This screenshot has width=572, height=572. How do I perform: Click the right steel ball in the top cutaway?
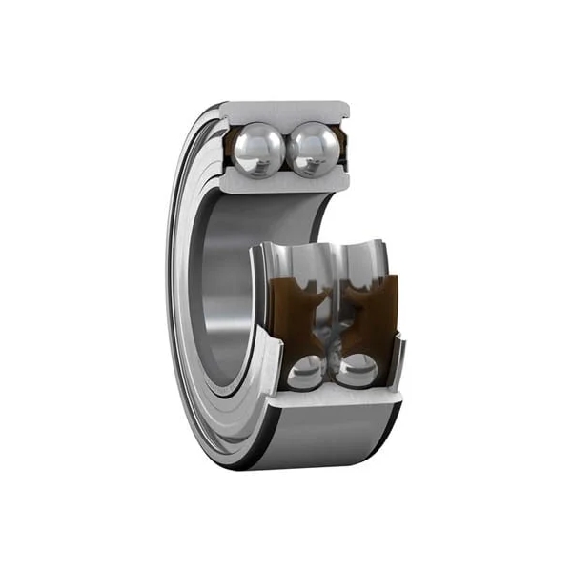(315, 149)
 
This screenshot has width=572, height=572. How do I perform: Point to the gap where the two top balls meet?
(286, 150)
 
